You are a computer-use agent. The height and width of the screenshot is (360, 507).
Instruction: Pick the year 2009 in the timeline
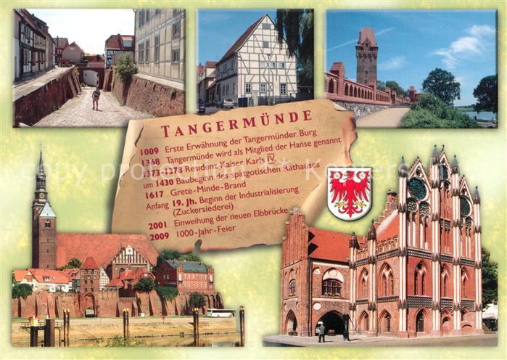click(x=159, y=236)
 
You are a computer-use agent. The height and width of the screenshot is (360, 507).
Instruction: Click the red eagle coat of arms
click(x=349, y=193)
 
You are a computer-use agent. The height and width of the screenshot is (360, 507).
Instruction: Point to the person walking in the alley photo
click(x=96, y=98)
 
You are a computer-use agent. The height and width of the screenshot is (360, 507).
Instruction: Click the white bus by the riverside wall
click(x=220, y=313)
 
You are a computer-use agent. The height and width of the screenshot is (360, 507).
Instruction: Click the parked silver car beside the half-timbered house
click(x=228, y=104)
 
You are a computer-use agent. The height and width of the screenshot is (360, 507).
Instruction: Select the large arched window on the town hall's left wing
click(x=331, y=287)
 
